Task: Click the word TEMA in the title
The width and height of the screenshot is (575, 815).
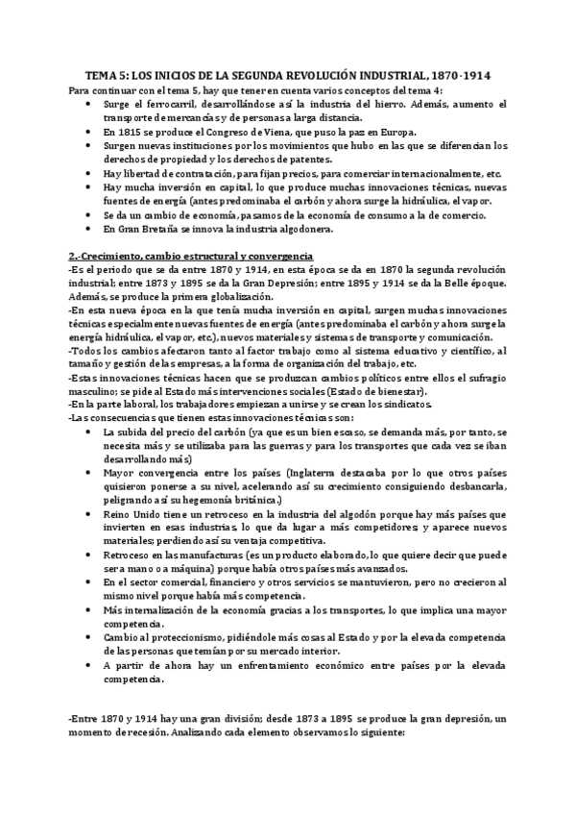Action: (x=92, y=75)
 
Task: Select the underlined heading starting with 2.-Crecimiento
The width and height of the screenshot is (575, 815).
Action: (x=190, y=258)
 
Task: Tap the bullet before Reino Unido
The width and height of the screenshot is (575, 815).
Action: (x=90, y=516)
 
